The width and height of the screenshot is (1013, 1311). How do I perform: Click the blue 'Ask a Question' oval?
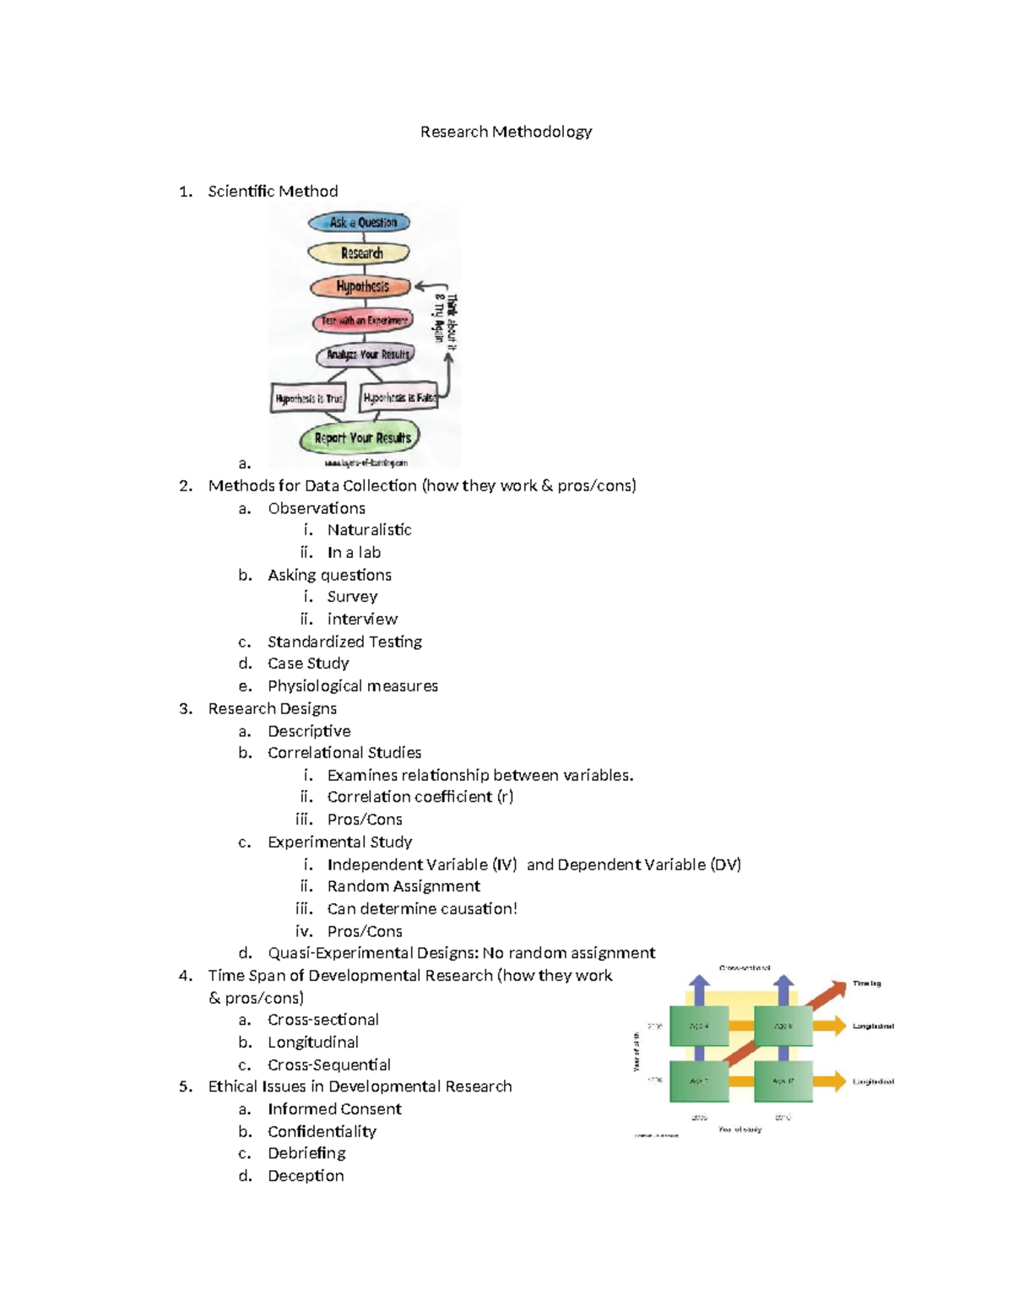360,223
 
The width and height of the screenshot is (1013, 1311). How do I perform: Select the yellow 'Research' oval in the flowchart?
360,253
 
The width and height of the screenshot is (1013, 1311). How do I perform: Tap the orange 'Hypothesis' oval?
361,287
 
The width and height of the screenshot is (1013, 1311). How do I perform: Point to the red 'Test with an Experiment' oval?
363,321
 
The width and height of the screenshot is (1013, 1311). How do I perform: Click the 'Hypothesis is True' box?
308,398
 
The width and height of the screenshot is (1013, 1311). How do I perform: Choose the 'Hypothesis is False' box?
398,397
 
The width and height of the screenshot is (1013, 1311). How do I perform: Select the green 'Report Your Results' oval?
361,438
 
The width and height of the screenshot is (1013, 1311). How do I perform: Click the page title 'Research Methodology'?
506,132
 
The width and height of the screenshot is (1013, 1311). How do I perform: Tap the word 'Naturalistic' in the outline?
369,530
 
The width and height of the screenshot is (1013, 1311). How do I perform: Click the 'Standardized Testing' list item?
344,642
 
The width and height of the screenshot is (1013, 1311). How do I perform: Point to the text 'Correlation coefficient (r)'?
420,797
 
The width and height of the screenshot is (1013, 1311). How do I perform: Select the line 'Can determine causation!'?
422,909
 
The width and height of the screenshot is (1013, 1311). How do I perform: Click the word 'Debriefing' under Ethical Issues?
306,1153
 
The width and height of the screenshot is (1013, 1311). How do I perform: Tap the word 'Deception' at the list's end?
306,1176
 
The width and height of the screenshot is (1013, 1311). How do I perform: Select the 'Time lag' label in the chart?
866,983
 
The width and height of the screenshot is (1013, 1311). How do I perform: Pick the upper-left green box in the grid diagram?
699,1027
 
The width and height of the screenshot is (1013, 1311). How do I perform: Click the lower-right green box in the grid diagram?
783,1081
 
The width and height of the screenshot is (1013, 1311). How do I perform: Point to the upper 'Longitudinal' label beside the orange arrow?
873,1027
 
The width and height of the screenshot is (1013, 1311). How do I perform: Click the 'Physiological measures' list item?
353,686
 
